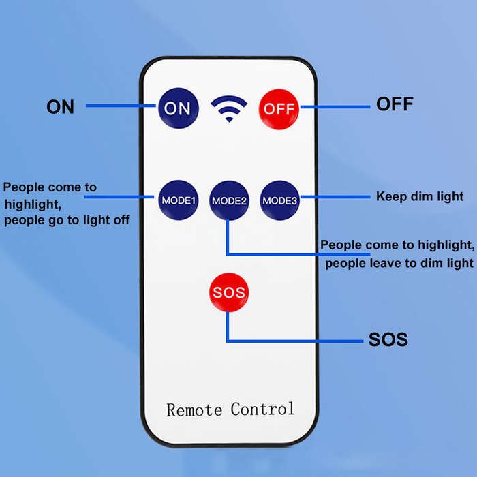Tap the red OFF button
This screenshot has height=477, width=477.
tap(279, 109)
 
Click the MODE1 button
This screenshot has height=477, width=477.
tap(179, 200)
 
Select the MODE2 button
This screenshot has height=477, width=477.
tap(229, 200)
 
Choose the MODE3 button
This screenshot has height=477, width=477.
tap(279, 200)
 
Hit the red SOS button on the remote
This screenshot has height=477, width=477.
tap(229, 292)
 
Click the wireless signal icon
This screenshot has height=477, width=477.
tap(229, 108)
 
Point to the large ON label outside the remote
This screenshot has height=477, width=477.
tap(60, 107)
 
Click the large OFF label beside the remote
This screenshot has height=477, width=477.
tap(395, 104)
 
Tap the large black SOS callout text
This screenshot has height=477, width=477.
tap(388, 339)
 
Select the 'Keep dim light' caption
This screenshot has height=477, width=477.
tap(420, 196)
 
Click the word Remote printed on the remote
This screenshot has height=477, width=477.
tap(194, 410)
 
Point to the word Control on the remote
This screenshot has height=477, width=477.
tap(262, 409)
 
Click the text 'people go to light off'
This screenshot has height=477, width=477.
tap(67, 220)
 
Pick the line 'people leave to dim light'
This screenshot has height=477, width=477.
tap(399, 263)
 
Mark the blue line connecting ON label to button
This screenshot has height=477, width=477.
tap(121, 106)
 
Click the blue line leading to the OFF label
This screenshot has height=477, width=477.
tap(335, 107)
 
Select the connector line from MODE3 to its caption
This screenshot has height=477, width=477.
tap(335, 197)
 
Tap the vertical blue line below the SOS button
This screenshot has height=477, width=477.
tap(228, 326)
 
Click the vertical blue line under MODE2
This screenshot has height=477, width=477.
tap(228, 237)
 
